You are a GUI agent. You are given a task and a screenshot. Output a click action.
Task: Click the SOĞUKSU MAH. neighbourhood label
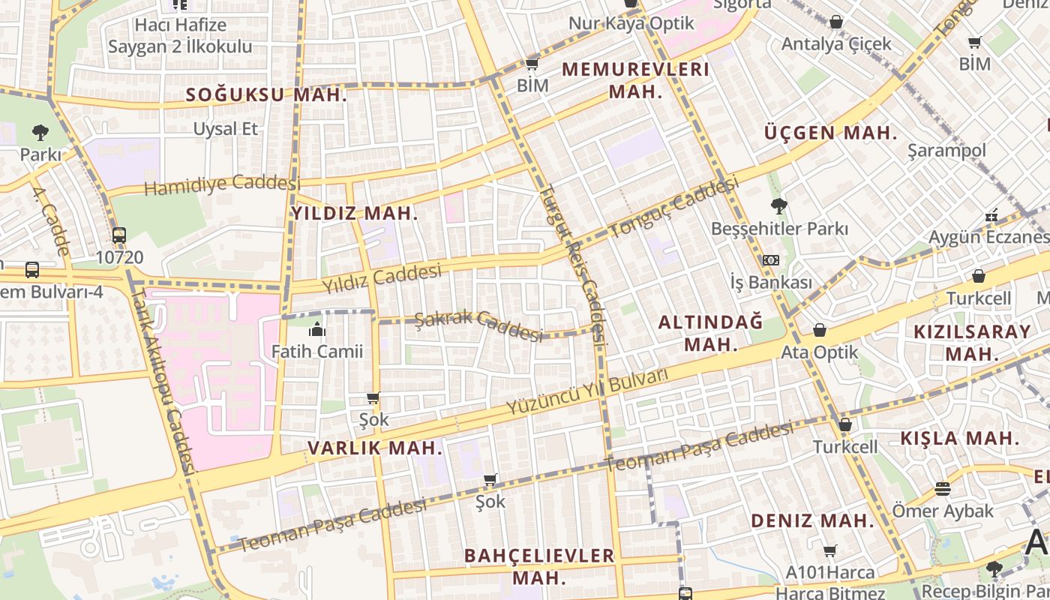pos(266,95)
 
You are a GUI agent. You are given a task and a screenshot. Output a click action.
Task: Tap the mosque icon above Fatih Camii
pos(317,329)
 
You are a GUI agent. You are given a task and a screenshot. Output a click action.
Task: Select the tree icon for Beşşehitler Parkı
pos(779,205)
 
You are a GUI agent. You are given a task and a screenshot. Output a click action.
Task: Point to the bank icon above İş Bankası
pos(770,260)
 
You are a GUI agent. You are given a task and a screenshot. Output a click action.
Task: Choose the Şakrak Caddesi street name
pos(478,325)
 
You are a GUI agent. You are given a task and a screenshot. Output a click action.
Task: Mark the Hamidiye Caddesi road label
pos(222,184)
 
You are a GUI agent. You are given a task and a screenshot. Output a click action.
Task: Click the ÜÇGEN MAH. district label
pos(830,133)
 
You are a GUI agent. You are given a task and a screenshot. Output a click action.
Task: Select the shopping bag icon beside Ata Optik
pos(820,330)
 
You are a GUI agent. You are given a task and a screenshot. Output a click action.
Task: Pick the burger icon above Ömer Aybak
pos(943,490)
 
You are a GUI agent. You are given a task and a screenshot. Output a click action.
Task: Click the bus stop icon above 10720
pos(119,235)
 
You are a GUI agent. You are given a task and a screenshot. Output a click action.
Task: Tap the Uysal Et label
pos(226,129)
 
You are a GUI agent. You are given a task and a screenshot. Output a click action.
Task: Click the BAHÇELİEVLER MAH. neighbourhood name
pos(539,566)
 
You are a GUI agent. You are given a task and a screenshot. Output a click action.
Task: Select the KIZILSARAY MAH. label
pos(972,342)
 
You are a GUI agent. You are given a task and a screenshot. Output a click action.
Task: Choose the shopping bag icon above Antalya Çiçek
pos(836,22)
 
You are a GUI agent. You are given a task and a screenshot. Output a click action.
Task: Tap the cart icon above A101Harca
pos(829,551)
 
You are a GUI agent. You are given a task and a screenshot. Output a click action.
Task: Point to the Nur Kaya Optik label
pos(631,23)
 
